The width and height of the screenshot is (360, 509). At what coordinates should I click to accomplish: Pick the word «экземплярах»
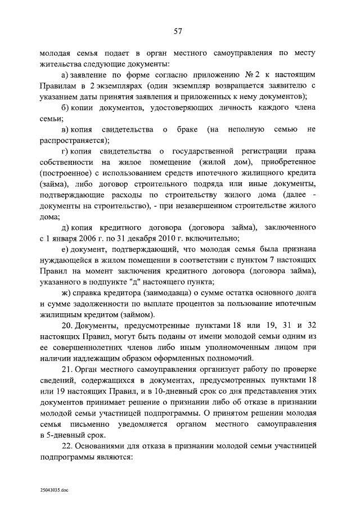(115, 87)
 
